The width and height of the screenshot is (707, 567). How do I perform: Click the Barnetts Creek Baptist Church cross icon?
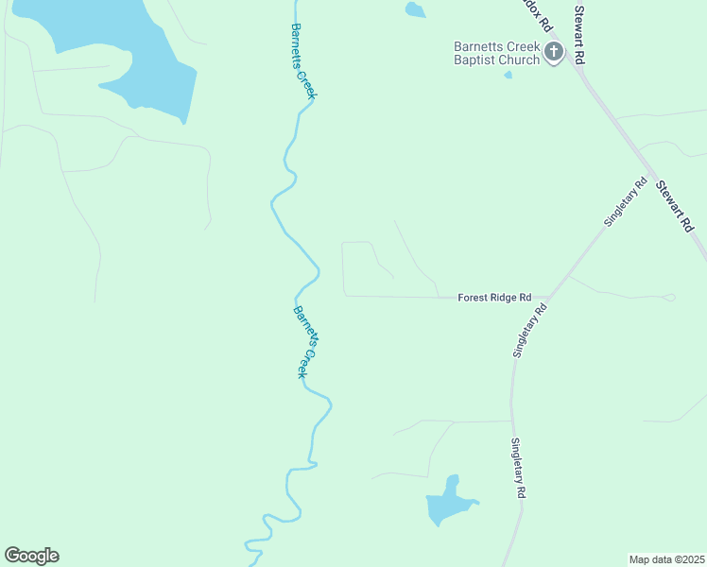553,53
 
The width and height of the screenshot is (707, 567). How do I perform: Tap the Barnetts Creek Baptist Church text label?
496,53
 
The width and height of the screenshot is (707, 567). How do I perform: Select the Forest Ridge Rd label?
494,297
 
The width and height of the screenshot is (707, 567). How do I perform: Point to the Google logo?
31,556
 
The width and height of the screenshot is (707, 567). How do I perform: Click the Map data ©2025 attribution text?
666,559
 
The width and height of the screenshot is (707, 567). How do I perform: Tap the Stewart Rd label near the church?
579,34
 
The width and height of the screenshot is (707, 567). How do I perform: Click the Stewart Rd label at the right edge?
676,207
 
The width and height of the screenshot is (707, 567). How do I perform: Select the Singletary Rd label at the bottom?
518,468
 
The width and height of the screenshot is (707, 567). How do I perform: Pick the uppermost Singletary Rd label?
625,201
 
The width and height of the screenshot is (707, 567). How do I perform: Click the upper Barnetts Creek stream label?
303,60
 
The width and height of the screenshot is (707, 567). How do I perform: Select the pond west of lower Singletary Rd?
447,503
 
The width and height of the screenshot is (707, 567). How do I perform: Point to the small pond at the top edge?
414,10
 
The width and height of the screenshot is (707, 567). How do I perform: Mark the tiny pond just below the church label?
508,75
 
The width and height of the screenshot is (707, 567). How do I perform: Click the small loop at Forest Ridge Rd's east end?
669,298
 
